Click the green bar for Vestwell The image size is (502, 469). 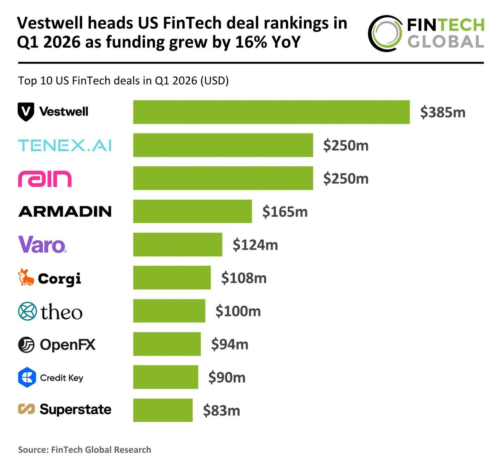(271, 112)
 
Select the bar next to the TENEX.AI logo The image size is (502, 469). (223, 145)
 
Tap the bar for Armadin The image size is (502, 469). (192, 211)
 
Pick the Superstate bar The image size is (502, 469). (163, 410)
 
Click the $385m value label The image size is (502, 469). (443, 112)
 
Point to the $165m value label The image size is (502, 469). (285, 211)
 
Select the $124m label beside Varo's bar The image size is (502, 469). (255, 245)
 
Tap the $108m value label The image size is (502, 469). (244, 278)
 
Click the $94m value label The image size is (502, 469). (230, 344)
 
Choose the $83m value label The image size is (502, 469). (222, 410)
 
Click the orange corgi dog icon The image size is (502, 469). (26, 278)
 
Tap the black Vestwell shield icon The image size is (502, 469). (26, 112)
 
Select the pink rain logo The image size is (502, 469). (45, 179)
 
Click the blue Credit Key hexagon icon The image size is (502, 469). (27, 377)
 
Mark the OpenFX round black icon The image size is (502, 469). (26, 345)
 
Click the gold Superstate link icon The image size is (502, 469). (26, 409)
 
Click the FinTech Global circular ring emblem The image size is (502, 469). (385, 33)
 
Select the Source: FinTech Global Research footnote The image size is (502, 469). (85, 450)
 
